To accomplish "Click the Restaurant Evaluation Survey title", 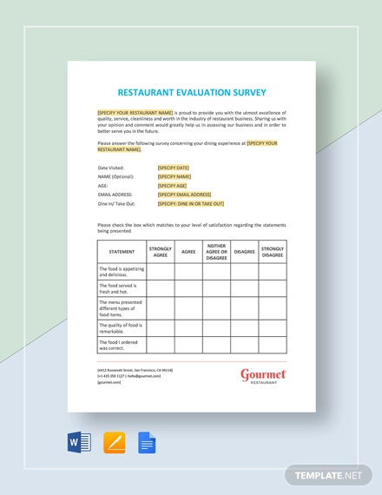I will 192,92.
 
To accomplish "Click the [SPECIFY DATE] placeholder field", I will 173,167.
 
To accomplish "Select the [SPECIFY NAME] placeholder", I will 174,176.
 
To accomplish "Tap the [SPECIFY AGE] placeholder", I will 172,185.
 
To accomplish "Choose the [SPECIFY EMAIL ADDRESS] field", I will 184,195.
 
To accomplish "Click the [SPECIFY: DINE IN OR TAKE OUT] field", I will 191,203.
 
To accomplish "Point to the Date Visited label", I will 111,167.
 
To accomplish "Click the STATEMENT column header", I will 122,252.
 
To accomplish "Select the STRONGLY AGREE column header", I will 161,252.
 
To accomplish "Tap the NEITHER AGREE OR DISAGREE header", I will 216,252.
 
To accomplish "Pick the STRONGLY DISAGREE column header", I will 273,252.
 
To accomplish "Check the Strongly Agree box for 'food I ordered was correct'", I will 161,345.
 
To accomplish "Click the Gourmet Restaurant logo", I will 263,376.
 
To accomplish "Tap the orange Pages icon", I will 114,443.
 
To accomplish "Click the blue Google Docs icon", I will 147,443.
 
